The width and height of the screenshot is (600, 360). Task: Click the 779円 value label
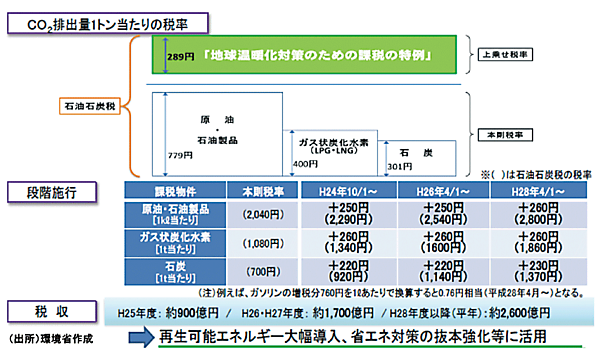[180, 155]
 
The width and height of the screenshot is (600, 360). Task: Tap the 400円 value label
[304, 164]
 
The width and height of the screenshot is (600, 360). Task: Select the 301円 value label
[399, 164]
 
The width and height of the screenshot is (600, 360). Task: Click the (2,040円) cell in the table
[257, 214]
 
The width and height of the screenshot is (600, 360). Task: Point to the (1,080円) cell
[257, 243]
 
